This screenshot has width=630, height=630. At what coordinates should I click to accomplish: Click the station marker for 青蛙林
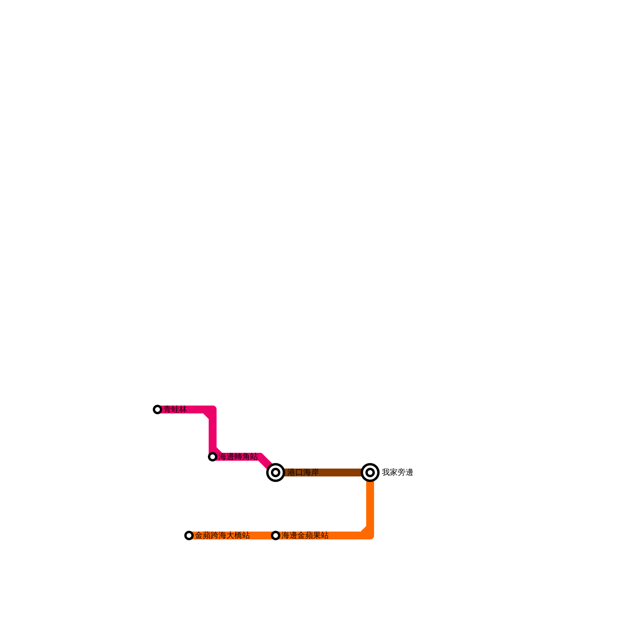tap(157, 409)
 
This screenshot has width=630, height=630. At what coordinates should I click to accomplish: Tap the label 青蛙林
tap(175, 409)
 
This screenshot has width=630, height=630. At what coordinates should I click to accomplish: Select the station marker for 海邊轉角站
tap(213, 457)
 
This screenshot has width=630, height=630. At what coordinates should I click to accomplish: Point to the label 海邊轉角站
tap(238, 457)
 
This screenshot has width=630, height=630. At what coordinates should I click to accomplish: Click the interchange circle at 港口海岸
tap(276, 472)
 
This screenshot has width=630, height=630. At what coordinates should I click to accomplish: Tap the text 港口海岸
tap(303, 472)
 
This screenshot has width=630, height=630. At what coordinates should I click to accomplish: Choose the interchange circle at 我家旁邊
tap(370, 472)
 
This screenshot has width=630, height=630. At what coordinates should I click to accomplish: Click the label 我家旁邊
tap(397, 472)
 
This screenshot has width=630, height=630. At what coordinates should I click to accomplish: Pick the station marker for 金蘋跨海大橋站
tap(189, 535)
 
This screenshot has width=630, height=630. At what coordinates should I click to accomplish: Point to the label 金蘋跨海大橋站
tap(222, 535)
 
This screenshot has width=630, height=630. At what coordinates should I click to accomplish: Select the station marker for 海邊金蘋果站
tap(276, 535)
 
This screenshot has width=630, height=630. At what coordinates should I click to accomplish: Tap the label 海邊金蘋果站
tap(305, 535)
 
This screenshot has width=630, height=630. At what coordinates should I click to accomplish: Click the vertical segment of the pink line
tap(213, 433)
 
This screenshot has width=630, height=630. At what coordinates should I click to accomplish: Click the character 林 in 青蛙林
tap(183, 409)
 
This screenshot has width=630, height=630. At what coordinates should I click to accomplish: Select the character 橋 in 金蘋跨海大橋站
tap(238, 535)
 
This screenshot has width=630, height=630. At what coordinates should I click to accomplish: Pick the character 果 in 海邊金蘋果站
tap(317, 535)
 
